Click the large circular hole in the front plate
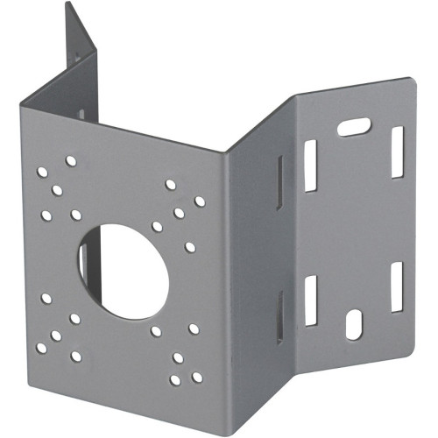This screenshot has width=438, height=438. pos(122,271)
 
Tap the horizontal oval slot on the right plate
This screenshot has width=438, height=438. pos(352,128)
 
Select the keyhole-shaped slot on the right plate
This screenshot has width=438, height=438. pos(353,324)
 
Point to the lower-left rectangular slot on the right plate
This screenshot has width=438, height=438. pos(310,300)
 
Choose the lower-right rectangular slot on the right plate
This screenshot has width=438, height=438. pos(396,286)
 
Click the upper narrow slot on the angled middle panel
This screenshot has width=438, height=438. pos(279,182)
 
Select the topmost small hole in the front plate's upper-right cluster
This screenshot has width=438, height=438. pos(170,185)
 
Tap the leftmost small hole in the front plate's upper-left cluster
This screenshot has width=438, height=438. pos(42,172)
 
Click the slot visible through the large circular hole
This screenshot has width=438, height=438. pos(83,263)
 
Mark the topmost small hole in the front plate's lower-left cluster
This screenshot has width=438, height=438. pos(46,298)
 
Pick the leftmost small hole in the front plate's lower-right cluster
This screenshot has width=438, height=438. pos(156,331)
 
